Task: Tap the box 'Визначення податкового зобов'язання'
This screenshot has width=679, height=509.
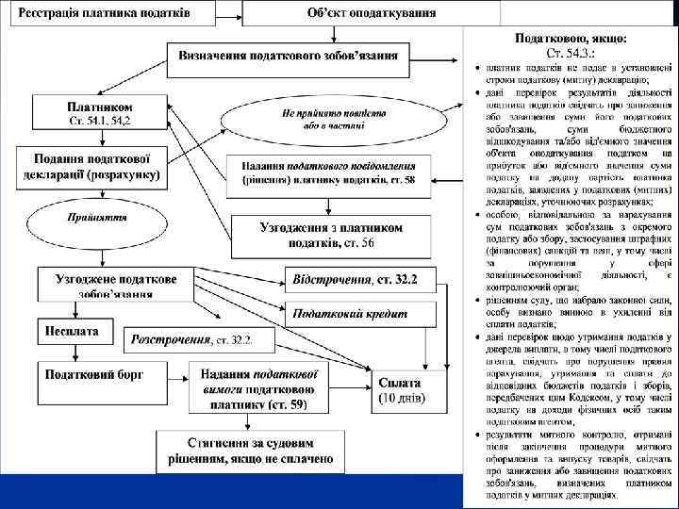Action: pyautogui.click(x=288, y=56)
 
